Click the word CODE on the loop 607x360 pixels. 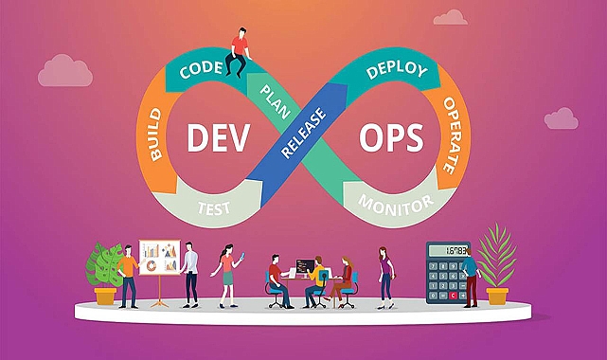201,69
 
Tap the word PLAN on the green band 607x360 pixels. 276,101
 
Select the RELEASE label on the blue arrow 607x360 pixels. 303,133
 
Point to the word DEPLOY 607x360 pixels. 397,70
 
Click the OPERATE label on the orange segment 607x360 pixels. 454,135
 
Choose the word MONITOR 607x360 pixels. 396,206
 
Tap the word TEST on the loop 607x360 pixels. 214,208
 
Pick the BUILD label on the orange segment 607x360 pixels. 155,134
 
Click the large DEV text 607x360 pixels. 219,137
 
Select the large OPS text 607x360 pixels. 391,138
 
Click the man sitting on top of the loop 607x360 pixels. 239,52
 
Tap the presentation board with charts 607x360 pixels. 159,258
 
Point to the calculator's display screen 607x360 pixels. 448,250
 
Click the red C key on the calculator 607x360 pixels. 453,296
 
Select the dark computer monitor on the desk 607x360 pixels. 305,266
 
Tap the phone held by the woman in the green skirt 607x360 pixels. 242,256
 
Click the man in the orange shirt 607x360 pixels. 129,277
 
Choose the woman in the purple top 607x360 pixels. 385,278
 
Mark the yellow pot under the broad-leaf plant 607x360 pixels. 105,296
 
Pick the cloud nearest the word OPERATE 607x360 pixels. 562,118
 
